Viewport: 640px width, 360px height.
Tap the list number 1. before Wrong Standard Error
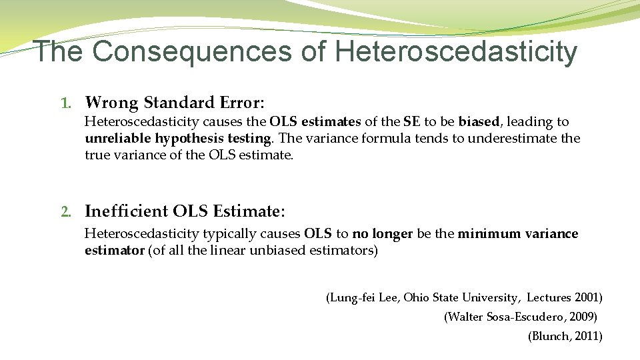65,103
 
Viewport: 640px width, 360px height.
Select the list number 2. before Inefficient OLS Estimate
65,212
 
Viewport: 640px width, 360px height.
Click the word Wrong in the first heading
111,103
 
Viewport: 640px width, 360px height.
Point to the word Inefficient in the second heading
126,211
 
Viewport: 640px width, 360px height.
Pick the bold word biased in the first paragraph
479,121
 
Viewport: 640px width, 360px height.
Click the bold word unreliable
118,139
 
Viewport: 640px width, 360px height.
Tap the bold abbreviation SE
411,121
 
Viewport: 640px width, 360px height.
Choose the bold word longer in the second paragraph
392,234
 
